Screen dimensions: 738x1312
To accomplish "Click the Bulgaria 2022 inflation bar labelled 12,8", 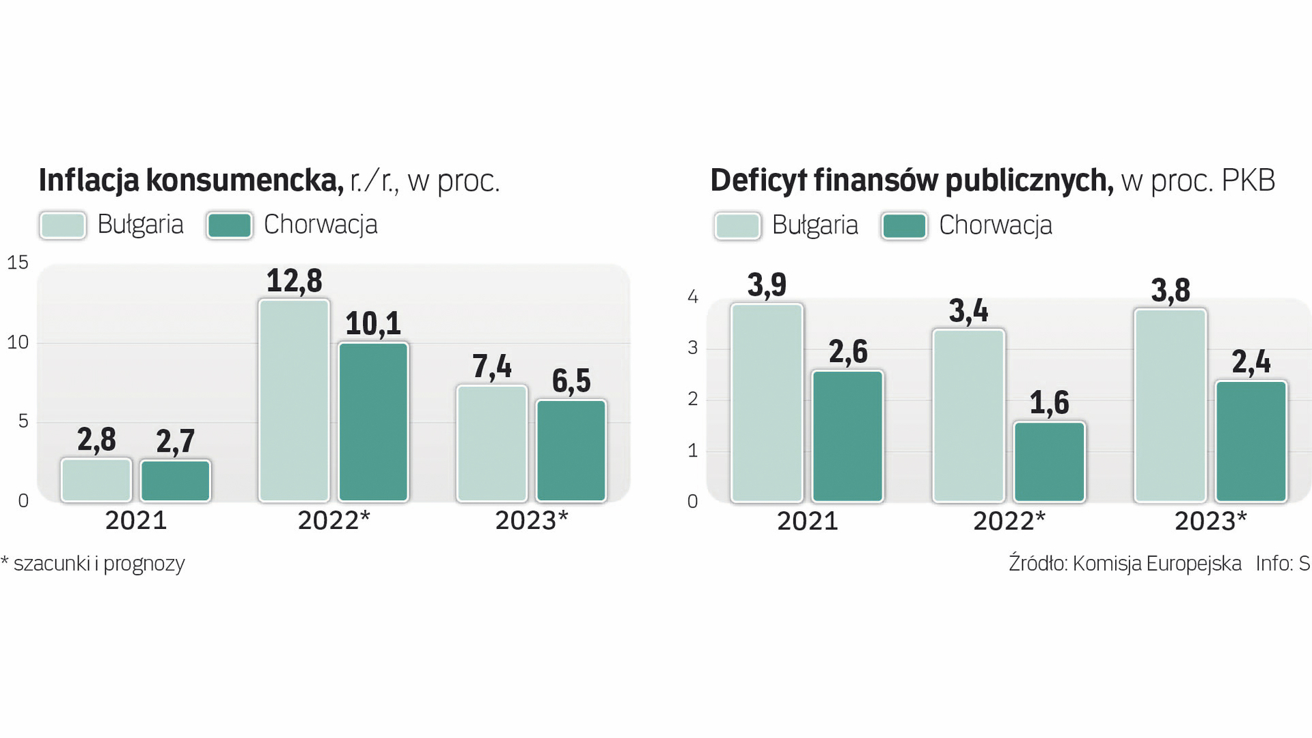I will coord(294,400).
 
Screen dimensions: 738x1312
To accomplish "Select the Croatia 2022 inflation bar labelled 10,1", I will coord(373,422).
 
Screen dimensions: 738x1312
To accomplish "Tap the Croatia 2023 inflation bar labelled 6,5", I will coord(571,450).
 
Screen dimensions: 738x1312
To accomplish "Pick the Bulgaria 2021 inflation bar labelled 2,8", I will coord(96,480).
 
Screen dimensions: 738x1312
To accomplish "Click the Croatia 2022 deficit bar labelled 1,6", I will coord(1049,462).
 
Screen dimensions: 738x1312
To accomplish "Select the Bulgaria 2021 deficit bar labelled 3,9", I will coord(767,403).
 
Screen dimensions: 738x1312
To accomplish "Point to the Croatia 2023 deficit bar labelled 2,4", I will coord(1250,441).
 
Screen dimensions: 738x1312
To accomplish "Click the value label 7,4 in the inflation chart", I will coord(492,367).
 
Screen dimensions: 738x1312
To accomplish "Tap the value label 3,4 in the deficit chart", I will coord(968,312).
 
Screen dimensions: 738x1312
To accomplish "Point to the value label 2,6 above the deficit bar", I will coord(848,352).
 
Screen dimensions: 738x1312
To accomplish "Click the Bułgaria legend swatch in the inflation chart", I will coord(63,225).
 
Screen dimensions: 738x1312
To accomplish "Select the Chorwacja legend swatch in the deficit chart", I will coord(904,226).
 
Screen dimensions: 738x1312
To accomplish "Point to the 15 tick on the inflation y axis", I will coord(18,262).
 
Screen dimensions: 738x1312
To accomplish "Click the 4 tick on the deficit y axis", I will coord(693,297).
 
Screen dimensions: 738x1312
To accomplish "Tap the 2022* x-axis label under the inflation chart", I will coord(333,521).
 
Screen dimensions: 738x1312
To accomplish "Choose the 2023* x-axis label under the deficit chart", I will coord(1210,521).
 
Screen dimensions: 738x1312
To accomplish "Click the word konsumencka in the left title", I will coord(244,180).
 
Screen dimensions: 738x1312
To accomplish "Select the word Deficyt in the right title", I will coord(758,180).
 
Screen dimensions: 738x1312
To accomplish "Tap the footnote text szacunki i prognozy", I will coord(99,564).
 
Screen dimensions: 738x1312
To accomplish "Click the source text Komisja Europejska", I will coord(1157,564).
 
